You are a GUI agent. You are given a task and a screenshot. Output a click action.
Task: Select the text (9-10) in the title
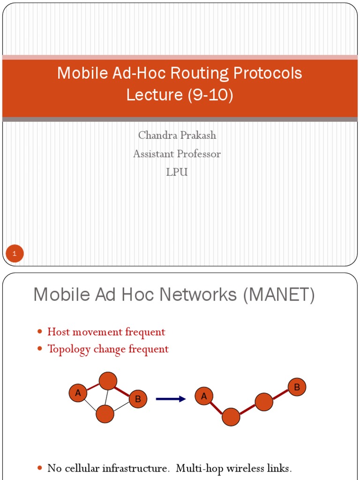coord(210,95)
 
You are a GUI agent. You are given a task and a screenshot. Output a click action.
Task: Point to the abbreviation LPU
coord(177,172)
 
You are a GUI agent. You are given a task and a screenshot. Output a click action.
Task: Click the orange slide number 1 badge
coord(15,254)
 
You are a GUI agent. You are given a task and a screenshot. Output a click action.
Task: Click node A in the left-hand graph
coord(78,393)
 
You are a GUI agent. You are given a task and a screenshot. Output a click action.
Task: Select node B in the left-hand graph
coord(138,399)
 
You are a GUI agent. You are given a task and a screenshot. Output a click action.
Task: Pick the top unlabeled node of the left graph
coord(108,381)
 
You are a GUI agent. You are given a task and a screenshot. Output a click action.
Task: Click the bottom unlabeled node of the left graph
coord(105,414)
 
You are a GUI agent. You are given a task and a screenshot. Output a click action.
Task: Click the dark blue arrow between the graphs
coord(171,399)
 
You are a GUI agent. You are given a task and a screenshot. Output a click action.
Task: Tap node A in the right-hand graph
coord(204,397)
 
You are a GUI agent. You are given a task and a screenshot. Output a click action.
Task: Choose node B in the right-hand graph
coord(297,387)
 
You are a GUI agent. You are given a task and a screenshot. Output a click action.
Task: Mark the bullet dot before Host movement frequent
coord(40,332)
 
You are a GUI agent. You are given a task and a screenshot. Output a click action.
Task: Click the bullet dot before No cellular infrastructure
coord(40,468)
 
